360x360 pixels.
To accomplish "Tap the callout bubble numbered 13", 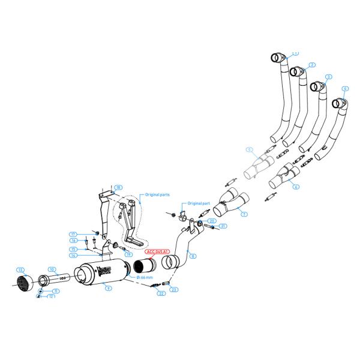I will click(x=21, y=269).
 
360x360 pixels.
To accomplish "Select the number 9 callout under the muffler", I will click(x=109, y=289).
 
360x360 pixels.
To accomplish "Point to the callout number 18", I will click(x=119, y=188).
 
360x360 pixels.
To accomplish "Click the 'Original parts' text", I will click(x=157, y=195).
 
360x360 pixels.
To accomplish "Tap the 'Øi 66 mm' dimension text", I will click(x=146, y=278).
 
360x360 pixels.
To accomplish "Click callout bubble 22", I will click(x=160, y=293).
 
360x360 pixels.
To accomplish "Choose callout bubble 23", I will click(x=174, y=290).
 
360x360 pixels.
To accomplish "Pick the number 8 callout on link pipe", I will click(x=193, y=256).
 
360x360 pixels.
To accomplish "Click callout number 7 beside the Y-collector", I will click(x=244, y=214).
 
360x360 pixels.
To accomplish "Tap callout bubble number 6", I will click(x=296, y=187).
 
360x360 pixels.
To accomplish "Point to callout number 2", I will click(x=312, y=64).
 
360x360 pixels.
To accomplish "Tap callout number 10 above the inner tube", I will click(x=52, y=269).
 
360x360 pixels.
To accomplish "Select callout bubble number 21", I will click(x=223, y=226).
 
